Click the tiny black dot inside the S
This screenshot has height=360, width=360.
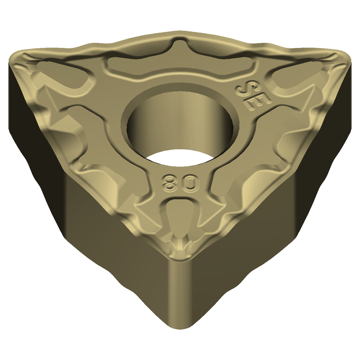(253, 86)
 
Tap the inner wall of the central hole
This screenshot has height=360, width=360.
(179, 123)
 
